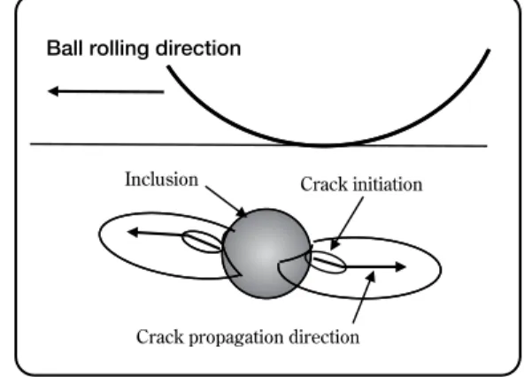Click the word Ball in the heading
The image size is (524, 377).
[x=65, y=48]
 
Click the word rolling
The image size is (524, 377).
[x=119, y=49]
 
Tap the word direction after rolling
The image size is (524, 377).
[x=198, y=49]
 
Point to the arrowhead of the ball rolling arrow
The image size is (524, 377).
[x=53, y=91]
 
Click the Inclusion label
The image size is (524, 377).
[x=162, y=180]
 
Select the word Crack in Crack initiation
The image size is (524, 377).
[x=324, y=184]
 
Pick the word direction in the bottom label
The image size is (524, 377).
[x=324, y=337]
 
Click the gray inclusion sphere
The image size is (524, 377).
[x=266, y=254]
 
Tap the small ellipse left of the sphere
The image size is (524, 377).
[x=202, y=242]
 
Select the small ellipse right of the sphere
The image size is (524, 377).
[x=327, y=262]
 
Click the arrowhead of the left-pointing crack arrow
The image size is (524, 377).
[x=133, y=232]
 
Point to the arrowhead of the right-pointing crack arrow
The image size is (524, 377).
[x=400, y=266]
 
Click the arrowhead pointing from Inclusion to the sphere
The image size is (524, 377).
[x=242, y=212]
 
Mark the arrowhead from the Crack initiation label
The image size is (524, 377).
[x=335, y=245]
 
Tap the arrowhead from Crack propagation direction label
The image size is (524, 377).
[x=371, y=277]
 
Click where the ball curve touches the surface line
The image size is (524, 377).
[x=323, y=145]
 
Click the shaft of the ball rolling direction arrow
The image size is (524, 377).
[x=112, y=91]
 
